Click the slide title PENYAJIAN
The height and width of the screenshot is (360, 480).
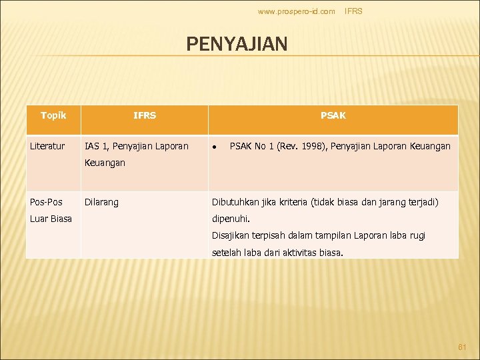237,44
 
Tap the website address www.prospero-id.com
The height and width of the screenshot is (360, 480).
296,11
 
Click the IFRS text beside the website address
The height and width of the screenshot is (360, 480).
353,11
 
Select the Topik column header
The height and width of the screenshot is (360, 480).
53,115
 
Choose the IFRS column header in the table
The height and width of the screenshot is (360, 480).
145,115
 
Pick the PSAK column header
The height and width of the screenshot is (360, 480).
333,115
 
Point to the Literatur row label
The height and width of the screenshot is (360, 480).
47,146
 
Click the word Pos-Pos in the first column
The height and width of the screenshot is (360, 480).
46,202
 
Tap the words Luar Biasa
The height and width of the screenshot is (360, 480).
51,218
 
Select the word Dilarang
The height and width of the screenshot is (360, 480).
101,202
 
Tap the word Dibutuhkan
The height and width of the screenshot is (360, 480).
238,202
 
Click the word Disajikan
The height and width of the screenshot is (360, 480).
233,235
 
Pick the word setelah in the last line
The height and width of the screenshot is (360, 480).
226,253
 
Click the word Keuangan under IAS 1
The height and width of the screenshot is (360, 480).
105,162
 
